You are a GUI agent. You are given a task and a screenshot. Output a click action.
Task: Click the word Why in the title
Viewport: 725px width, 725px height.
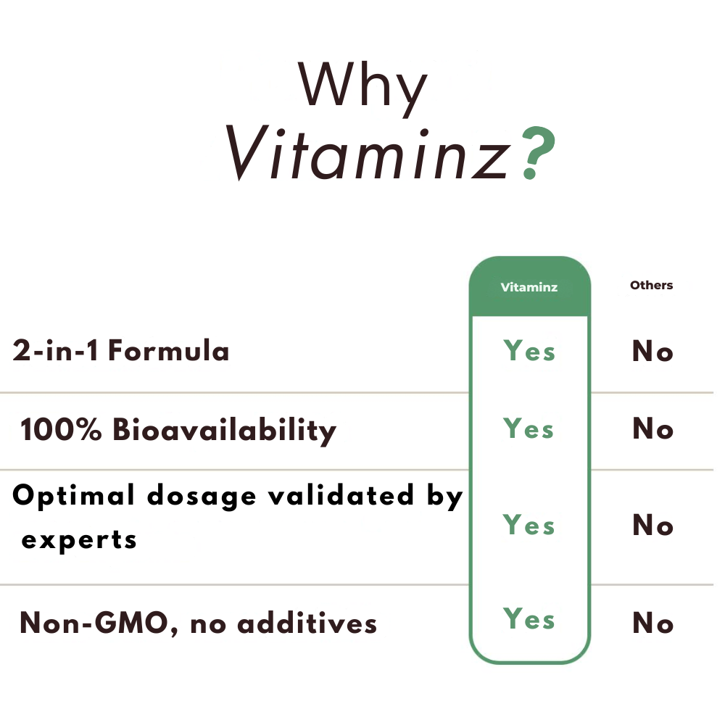(x=362, y=88)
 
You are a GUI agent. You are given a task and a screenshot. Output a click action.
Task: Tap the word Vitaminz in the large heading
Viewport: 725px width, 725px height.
(x=368, y=152)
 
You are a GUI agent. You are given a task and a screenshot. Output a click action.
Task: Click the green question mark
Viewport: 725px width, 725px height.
(x=538, y=152)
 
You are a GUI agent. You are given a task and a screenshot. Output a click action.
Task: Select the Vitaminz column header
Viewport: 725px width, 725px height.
(x=529, y=287)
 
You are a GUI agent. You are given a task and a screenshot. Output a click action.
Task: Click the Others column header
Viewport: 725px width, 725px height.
(x=651, y=285)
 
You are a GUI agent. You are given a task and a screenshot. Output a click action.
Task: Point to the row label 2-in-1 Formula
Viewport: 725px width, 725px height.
(x=120, y=350)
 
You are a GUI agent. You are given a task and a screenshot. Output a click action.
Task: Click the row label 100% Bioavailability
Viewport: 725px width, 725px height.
(x=178, y=430)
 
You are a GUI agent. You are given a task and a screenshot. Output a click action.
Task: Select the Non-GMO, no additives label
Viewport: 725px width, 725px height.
(x=199, y=623)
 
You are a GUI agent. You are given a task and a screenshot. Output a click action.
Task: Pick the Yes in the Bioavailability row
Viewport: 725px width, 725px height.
(x=529, y=428)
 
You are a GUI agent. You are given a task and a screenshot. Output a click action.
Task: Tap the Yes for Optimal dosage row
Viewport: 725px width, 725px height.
(x=529, y=525)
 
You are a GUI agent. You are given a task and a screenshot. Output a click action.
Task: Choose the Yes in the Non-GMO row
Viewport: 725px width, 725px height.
(x=529, y=618)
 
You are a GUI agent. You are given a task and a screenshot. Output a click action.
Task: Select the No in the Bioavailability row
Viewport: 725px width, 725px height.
(x=652, y=428)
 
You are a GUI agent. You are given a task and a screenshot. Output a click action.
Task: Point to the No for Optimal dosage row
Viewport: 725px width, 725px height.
(x=652, y=525)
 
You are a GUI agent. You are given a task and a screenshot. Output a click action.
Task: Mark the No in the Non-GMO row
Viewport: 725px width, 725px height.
(x=652, y=623)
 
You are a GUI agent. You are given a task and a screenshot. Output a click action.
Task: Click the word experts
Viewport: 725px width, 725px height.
(x=79, y=541)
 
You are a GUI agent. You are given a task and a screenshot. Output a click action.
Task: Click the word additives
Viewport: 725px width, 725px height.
(x=307, y=623)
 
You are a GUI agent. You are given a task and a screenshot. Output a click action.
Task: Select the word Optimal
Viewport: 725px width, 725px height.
(x=73, y=496)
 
